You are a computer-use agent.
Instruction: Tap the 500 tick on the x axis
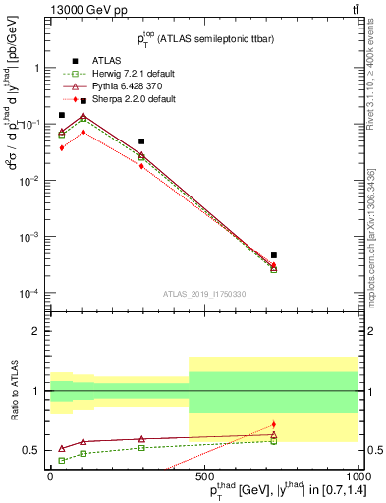coord(203,475)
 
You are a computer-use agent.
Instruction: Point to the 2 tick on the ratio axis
coord(40,331)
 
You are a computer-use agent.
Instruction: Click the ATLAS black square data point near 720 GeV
coord(274,255)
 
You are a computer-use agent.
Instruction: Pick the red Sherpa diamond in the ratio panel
coord(274,424)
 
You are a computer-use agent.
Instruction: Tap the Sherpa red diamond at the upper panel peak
coord(83,132)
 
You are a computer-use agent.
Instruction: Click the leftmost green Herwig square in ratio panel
coord(62,460)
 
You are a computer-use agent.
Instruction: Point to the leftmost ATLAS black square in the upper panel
coord(62,115)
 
